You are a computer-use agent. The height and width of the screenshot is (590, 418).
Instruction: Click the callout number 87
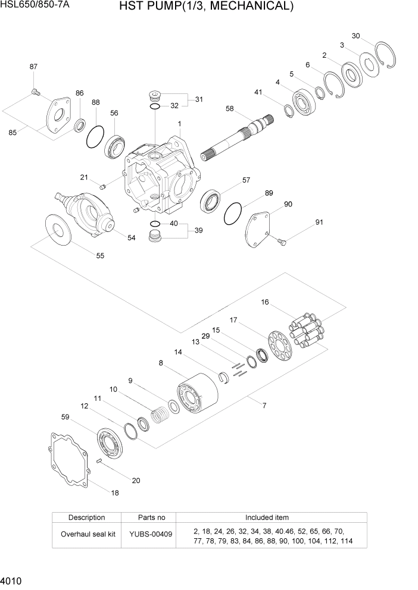[x=33, y=67]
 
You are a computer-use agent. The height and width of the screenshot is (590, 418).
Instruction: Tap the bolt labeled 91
[x=282, y=241]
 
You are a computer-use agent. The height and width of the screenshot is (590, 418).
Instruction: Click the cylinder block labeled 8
[x=198, y=397]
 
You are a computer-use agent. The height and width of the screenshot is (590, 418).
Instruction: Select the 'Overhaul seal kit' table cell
[x=88, y=534]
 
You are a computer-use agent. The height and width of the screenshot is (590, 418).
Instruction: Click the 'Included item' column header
[x=267, y=517]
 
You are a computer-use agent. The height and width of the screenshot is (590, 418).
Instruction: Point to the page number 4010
[x=13, y=579]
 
